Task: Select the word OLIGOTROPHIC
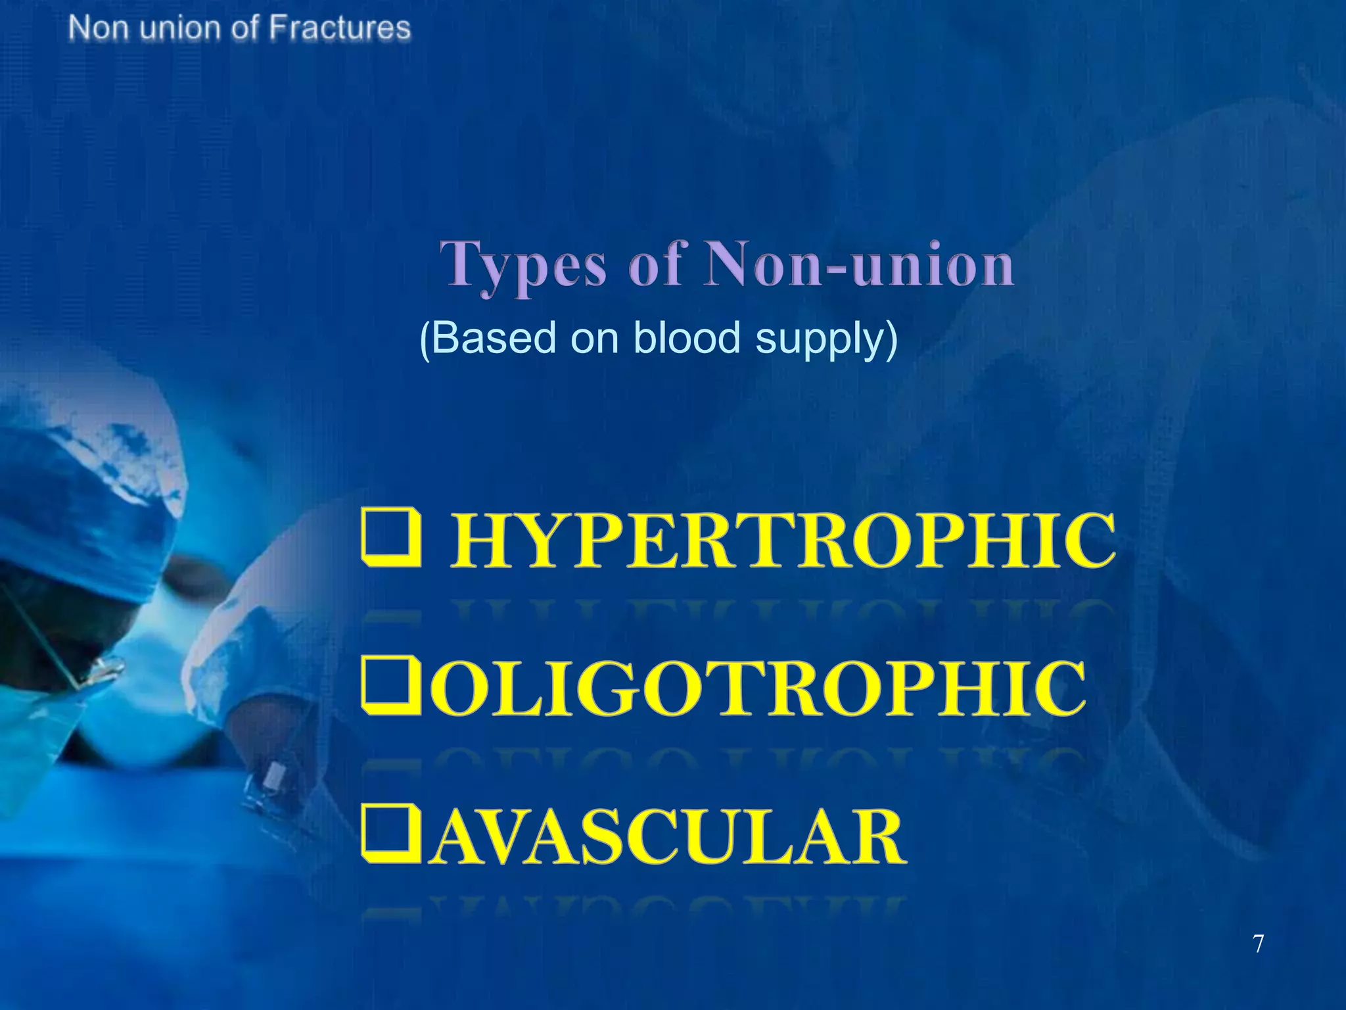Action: tap(759, 688)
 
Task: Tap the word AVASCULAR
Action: tap(668, 837)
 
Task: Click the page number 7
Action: tap(1258, 944)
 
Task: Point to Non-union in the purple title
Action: tap(859, 264)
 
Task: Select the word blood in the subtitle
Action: tap(688, 338)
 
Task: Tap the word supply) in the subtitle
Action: tap(826, 339)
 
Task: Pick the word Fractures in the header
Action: tap(340, 28)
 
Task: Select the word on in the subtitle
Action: tap(595, 338)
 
